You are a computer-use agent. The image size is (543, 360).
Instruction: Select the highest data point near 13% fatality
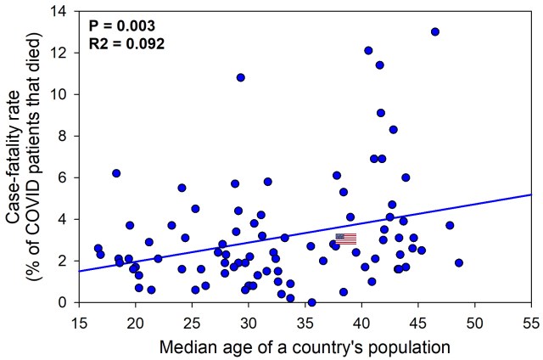click(x=435, y=31)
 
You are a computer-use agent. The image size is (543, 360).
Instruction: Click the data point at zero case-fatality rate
click(x=311, y=302)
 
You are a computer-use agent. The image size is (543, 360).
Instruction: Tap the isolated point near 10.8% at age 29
click(x=241, y=77)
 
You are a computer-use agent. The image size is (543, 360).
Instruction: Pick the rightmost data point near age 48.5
click(x=459, y=262)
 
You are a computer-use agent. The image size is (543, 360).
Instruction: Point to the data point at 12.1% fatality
click(x=368, y=50)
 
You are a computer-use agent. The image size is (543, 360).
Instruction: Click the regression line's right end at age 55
click(x=530, y=194)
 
